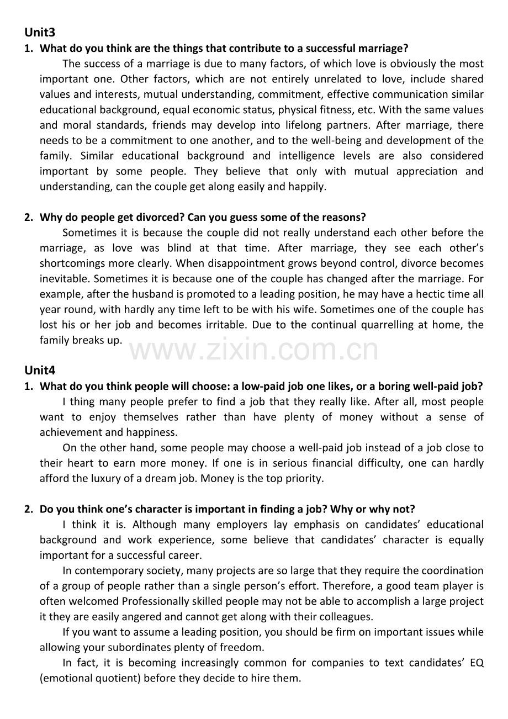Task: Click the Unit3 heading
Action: (x=40, y=33)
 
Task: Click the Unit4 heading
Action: (x=40, y=370)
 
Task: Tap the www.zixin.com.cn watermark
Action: (x=253, y=351)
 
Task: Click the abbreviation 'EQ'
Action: (x=477, y=663)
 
